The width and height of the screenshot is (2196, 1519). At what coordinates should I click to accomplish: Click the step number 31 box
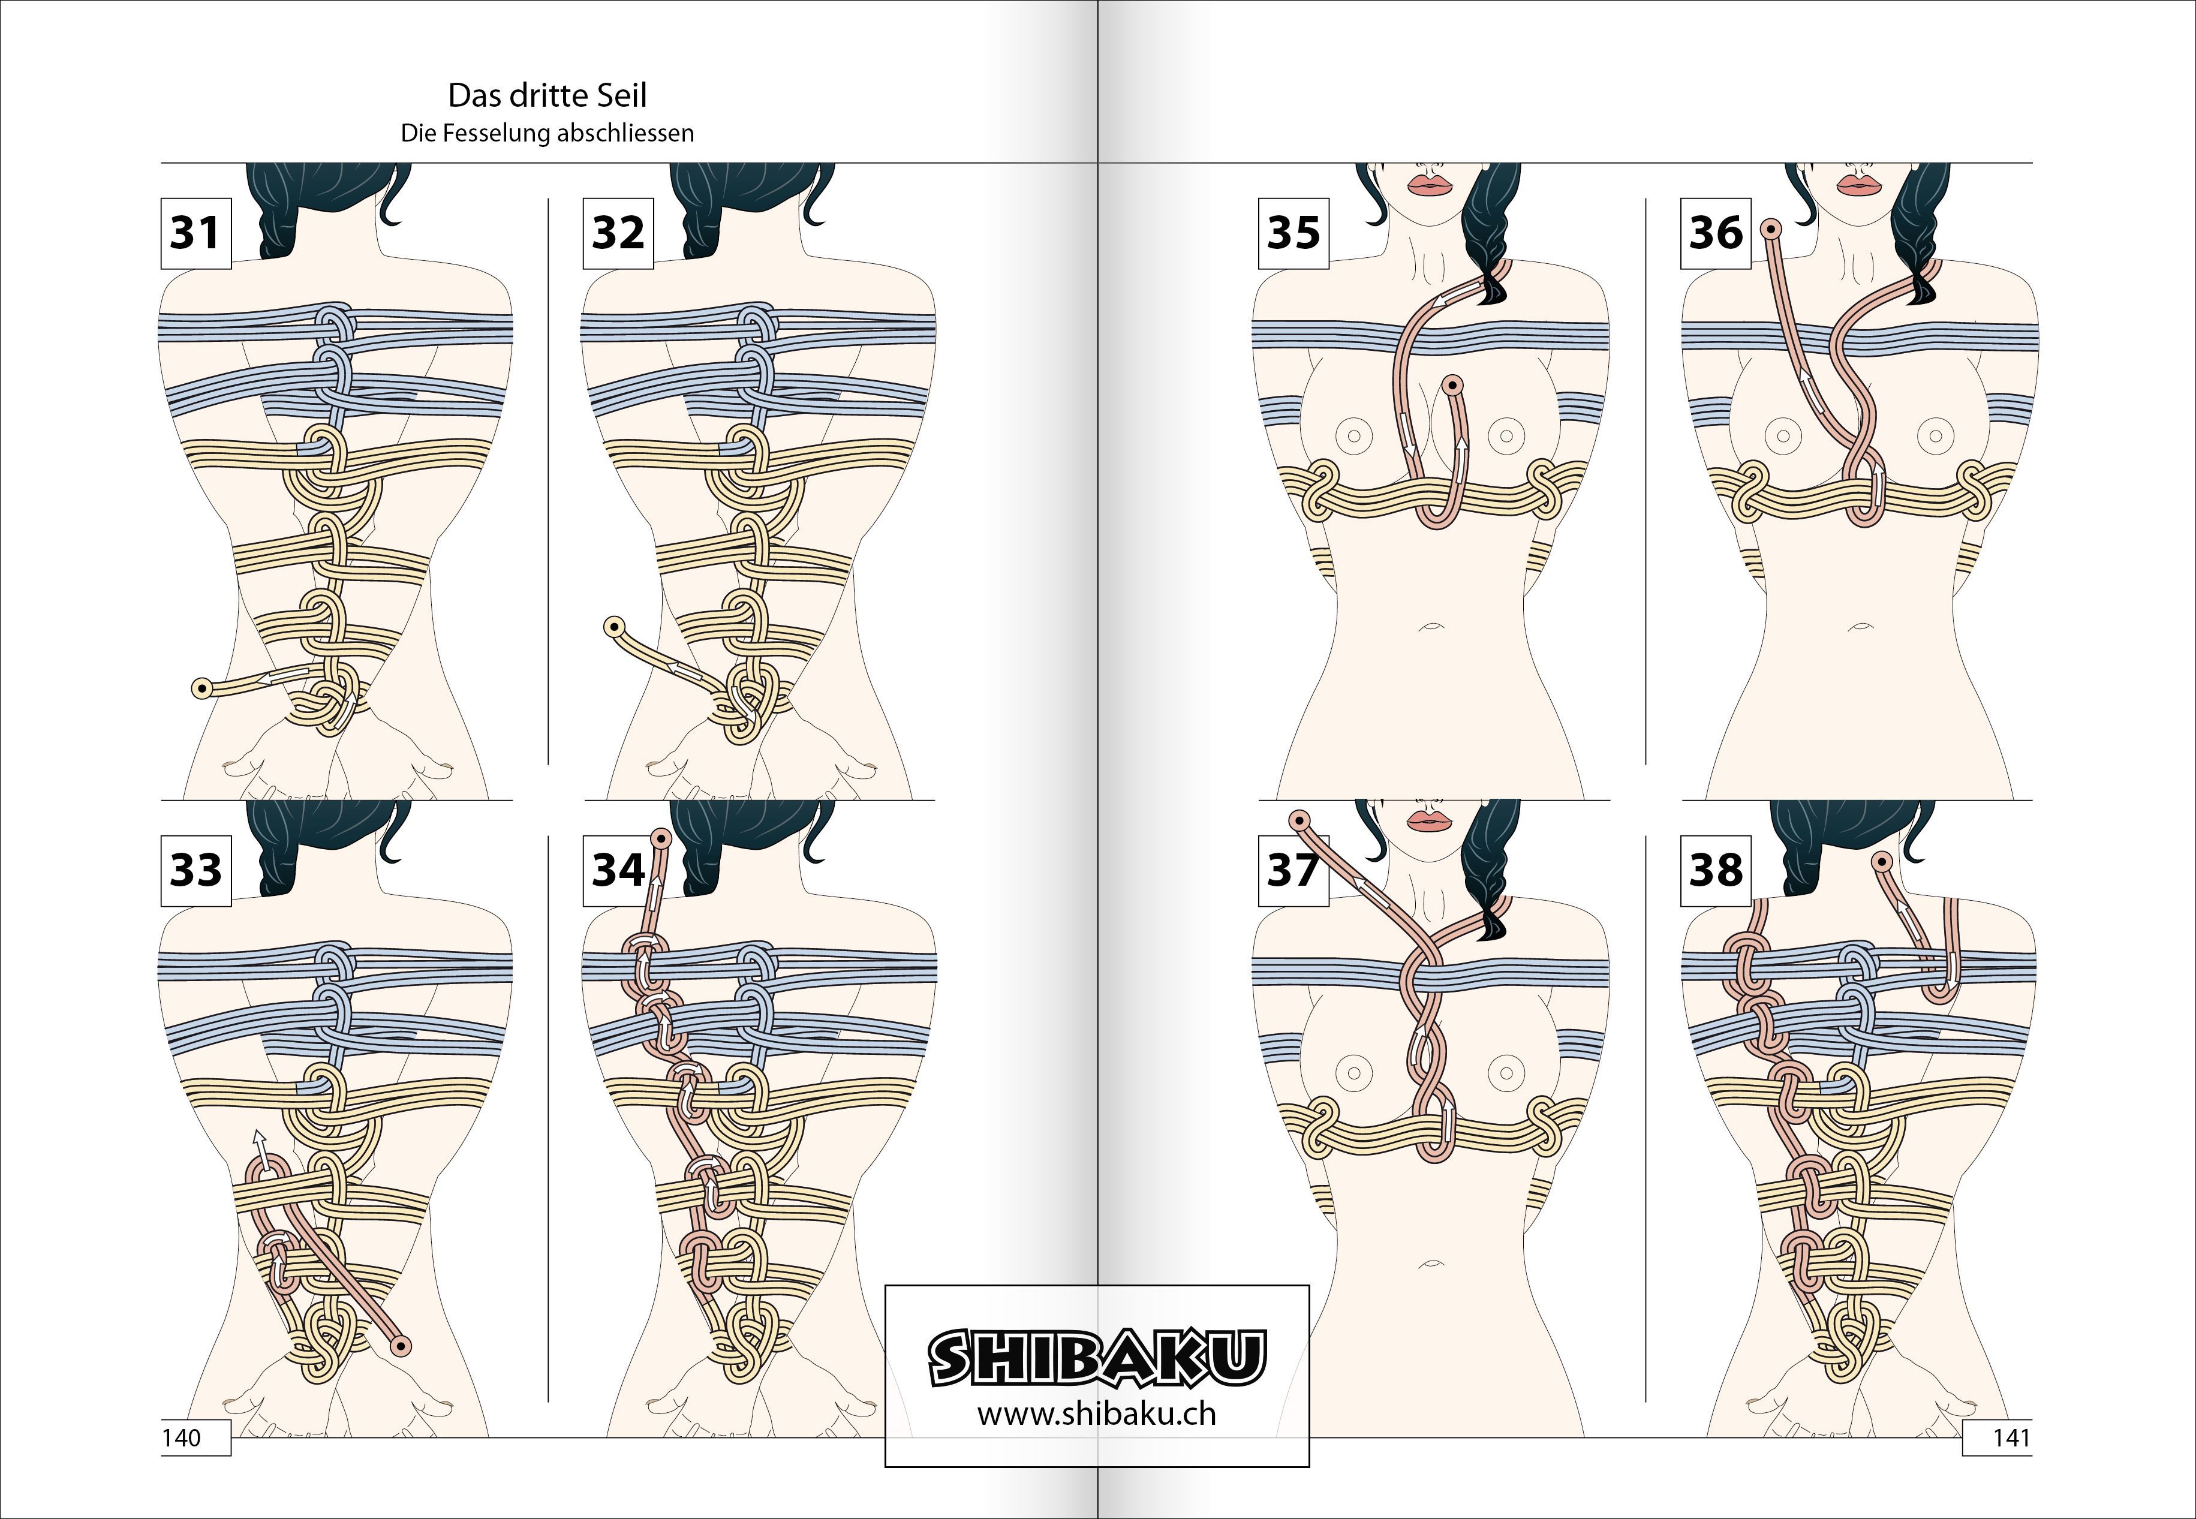pyautogui.click(x=196, y=233)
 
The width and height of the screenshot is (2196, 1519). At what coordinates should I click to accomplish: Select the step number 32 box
pyautogui.click(x=618, y=233)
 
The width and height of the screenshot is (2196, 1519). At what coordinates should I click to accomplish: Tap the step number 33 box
pyautogui.click(x=196, y=870)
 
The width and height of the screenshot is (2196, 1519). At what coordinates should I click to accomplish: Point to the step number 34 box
pyautogui.click(x=618, y=870)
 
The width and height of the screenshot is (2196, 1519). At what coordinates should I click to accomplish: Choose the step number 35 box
pyautogui.click(x=1293, y=233)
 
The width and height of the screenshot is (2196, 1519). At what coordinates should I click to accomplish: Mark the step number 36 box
pyautogui.click(x=1716, y=233)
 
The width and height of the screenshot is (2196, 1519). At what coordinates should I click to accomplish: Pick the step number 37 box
pyautogui.click(x=1293, y=870)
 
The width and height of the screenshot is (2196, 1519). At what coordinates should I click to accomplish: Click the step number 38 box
pyautogui.click(x=1716, y=870)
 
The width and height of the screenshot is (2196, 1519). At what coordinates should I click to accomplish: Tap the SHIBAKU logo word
pyautogui.click(x=1097, y=1357)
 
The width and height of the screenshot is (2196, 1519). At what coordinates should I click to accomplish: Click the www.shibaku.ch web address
pyautogui.click(x=1097, y=1414)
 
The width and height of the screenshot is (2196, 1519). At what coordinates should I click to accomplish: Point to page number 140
pyautogui.click(x=182, y=1437)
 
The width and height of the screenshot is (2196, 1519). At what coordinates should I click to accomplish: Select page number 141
pyautogui.click(x=2011, y=1437)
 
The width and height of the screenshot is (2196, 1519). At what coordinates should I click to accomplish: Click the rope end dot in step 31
pyautogui.click(x=201, y=688)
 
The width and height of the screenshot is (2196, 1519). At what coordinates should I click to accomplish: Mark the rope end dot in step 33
pyautogui.click(x=401, y=1346)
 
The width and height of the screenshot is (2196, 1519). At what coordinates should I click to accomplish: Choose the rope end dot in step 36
pyautogui.click(x=1771, y=229)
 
